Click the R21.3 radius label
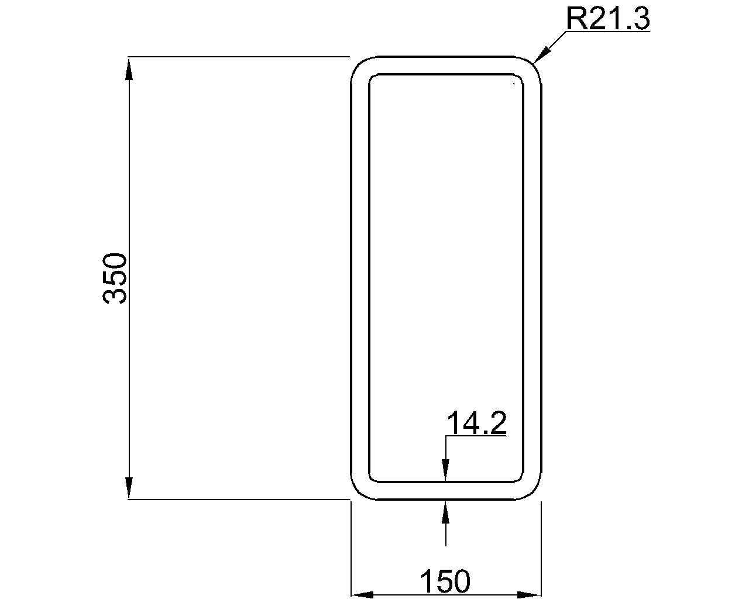tap(608, 19)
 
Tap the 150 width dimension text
tap(445, 581)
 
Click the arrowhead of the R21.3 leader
tap(540, 56)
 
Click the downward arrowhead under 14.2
tap(446, 471)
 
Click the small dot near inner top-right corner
tap(514, 84)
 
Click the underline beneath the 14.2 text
tap(476, 436)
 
